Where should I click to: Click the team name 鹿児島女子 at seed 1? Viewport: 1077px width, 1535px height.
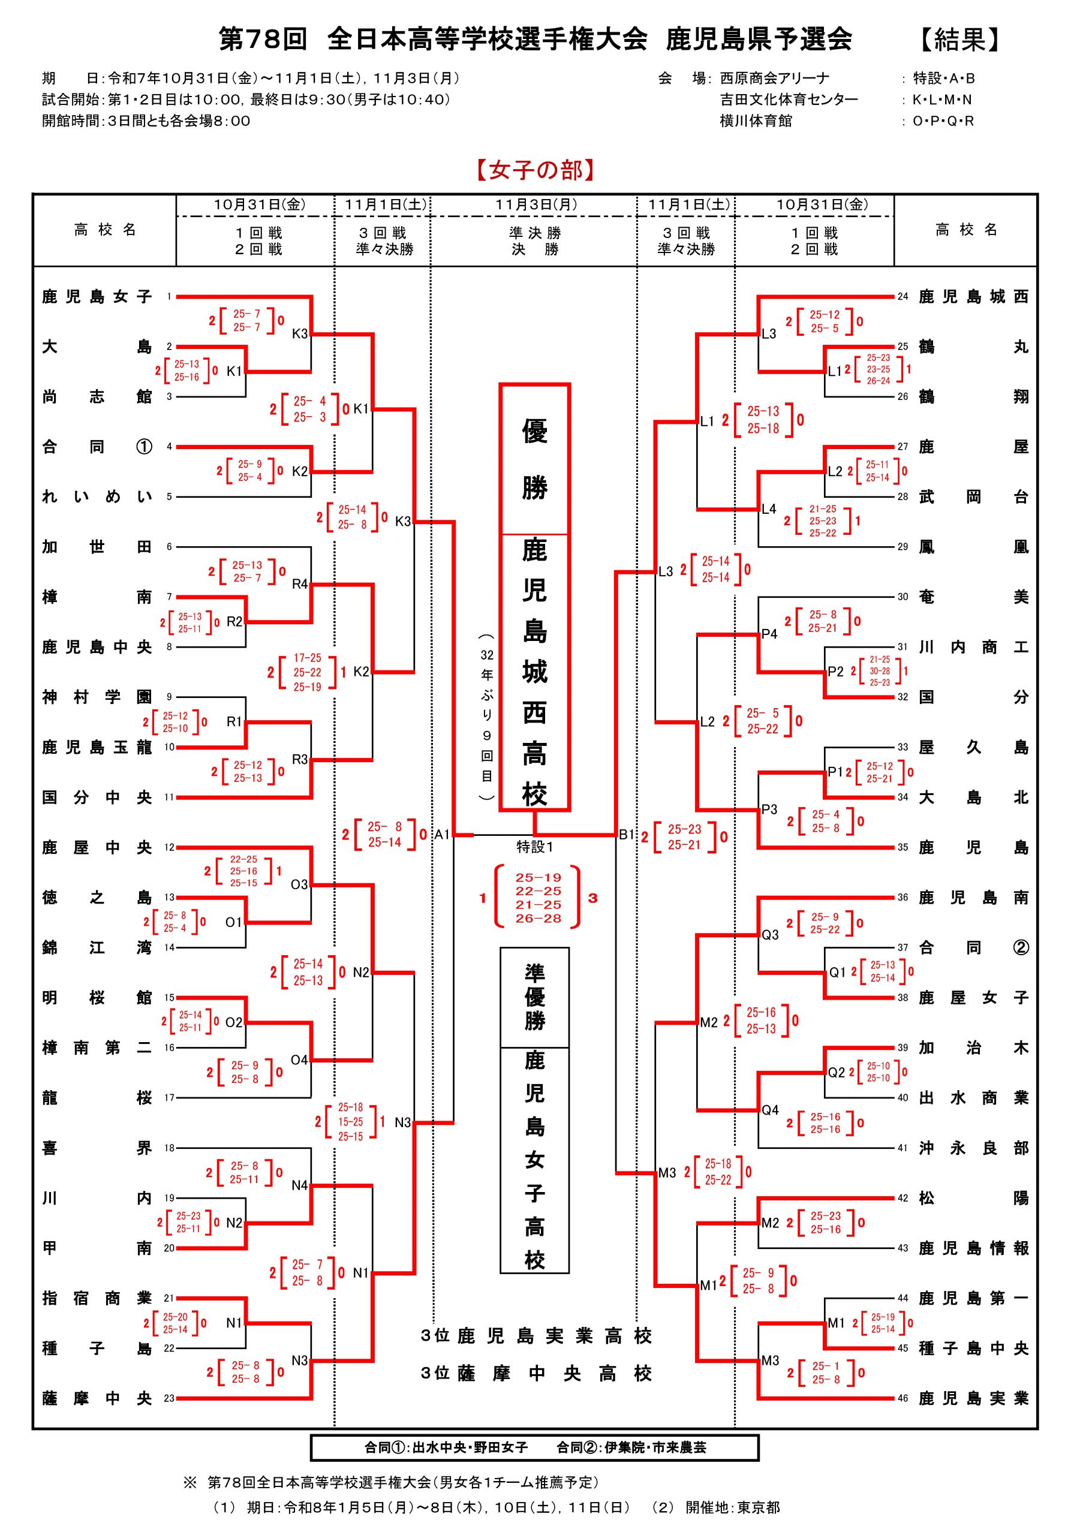[97, 297]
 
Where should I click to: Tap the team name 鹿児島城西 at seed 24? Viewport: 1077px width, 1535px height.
[973, 297]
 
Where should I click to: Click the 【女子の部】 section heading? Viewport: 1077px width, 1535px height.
[536, 170]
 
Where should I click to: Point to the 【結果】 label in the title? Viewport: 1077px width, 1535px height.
[960, 40]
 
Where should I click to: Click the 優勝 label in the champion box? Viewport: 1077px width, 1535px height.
[535, 459]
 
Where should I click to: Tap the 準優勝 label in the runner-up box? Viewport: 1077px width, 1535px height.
[535, 997]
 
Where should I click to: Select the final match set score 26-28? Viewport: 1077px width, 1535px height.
[538, 919]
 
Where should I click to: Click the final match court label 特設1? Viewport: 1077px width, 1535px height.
[535, 847]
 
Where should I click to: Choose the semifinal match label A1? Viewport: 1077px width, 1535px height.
[442, 834]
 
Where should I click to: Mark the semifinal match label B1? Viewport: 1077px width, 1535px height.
[625, 834]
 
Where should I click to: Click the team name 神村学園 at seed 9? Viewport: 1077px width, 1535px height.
[97, 697]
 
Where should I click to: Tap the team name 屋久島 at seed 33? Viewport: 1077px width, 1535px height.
[973, 748]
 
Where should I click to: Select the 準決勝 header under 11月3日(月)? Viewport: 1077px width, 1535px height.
[535, 233]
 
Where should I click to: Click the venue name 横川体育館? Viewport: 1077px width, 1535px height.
[756, 121]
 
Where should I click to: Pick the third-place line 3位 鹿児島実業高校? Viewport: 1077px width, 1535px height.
[536, 1337]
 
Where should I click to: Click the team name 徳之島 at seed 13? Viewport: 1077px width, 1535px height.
[97, 898]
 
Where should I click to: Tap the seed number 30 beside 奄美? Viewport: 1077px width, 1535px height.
[902, 597]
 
